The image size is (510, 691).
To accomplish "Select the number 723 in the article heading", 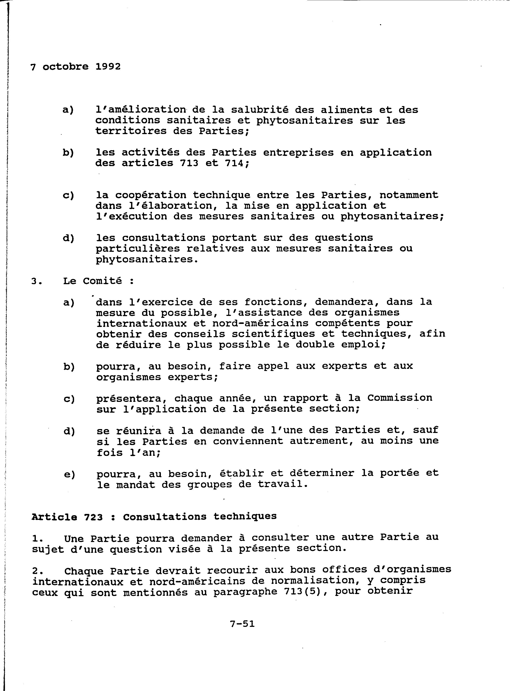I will [93, 517].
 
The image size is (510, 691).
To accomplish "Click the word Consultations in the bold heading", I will [165, 516].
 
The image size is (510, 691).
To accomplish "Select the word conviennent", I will [248, 441].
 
